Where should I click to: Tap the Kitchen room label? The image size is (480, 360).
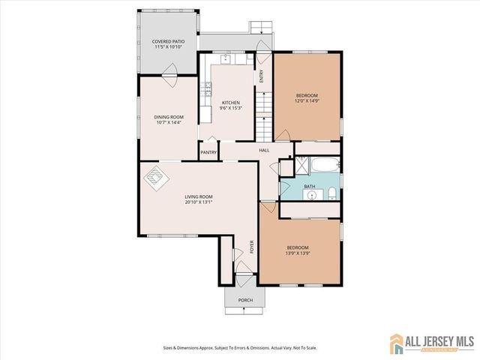tap(230, 103)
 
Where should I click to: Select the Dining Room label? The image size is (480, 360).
tap(169, 117)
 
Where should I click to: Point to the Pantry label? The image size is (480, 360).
tap(208, 153)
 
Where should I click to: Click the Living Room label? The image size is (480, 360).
tap(199, 198)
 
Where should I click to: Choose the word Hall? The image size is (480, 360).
tap(264, 151)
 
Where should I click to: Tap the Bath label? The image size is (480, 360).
tap(309, 187)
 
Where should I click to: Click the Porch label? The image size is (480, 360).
tap(245, 300)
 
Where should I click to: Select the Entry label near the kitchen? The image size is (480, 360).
tap(262, 76)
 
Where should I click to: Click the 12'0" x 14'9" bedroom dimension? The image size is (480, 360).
tap(307, 100)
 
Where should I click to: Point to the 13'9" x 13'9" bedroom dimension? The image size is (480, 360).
tap(298, 253)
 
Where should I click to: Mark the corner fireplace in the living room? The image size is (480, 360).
tap(155, 178)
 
